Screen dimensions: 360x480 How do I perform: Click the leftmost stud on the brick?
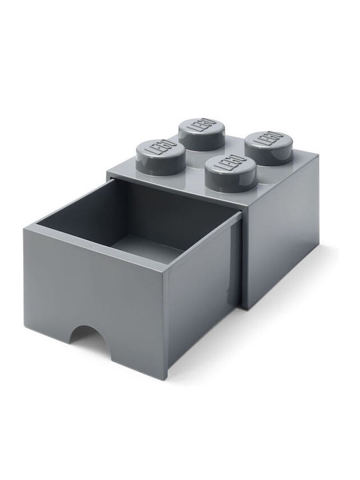click(161, 157)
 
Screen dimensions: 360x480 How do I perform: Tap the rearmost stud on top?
click(202, 134)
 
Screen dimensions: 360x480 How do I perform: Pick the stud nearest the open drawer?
click(231, 173)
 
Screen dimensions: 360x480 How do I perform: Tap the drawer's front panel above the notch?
click(95, 281)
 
